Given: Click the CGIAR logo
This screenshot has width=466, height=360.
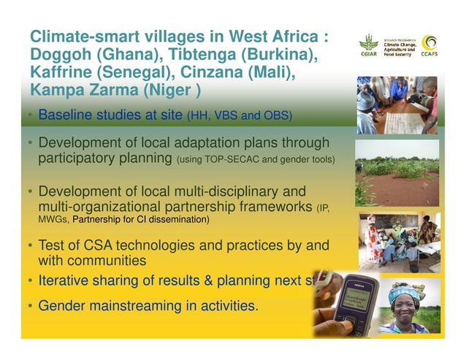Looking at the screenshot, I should pyautogui.click(x=369, y=47).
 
